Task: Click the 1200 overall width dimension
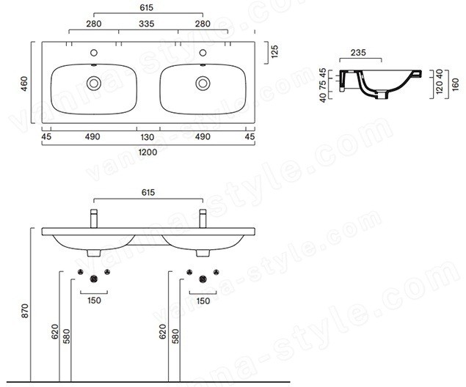tap(148, 152)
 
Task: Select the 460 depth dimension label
tap(23, 84)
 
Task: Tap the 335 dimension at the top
tap(147, 23)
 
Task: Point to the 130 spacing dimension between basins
tap(147, 137)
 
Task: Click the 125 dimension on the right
tap(274, 51)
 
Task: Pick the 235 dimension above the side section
tap(358, 53)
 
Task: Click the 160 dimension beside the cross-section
tap(455, 84)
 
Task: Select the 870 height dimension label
tap(25, 311)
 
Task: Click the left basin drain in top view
tap(94, 84)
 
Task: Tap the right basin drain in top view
tap(203, 84)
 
